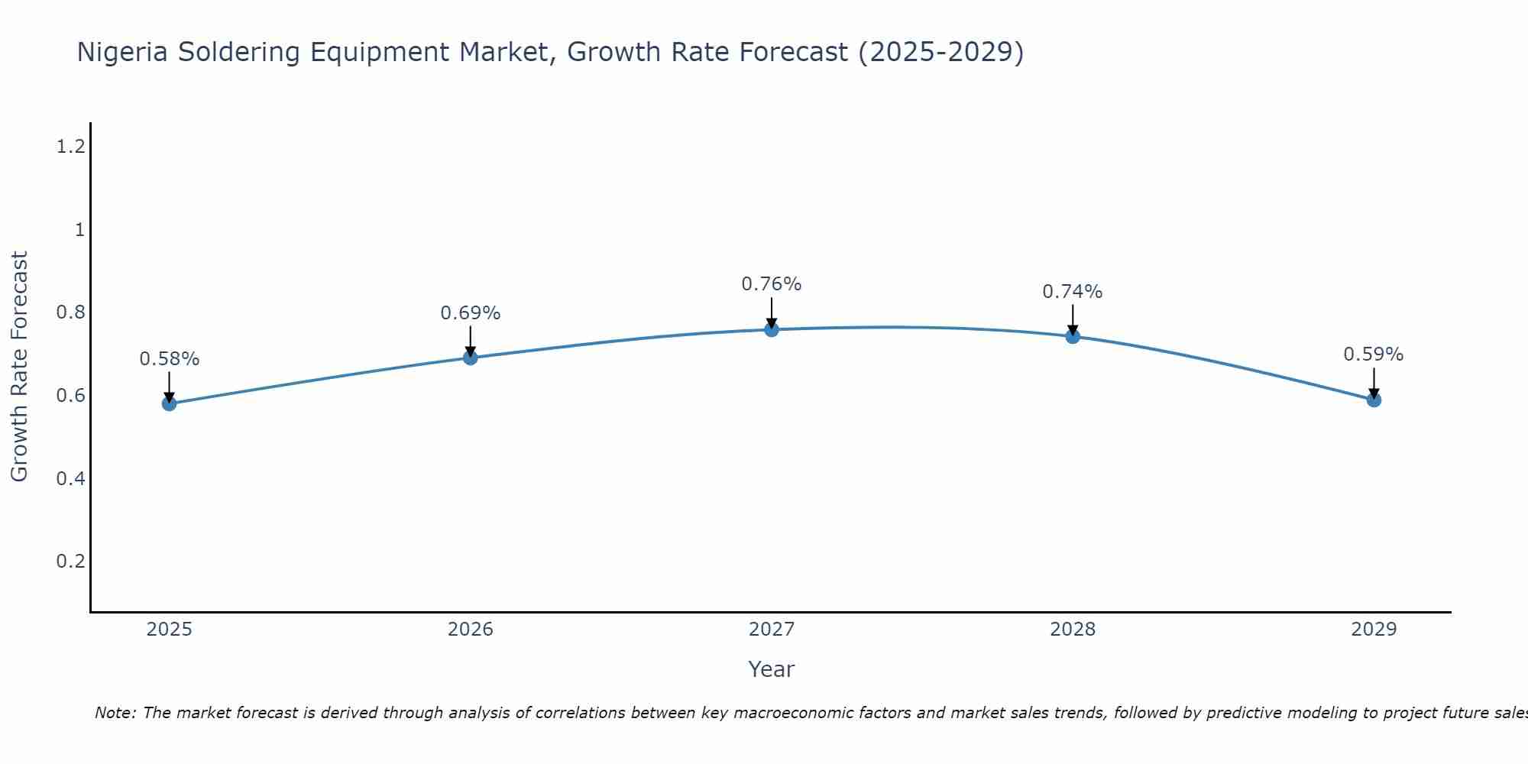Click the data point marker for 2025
[170, 403]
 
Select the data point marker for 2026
[471, 358]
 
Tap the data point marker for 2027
[772, 329]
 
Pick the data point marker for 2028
[1073, 336]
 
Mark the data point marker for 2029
[1374, 400]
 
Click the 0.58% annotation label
[170, 359]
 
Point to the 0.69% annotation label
[471, 313]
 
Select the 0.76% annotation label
[772, 284]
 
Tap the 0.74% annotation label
[1073, 292]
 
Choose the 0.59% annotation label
[1374, 354]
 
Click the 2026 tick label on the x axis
[471, 630]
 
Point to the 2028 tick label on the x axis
[1073, 630]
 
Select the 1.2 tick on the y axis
[70, 147]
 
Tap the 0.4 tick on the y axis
[70, 479]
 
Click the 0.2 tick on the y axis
[70, 562]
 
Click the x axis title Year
[772, 669]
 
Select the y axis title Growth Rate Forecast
[19, 367]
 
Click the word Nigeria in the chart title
[123, 53]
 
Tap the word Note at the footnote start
[115, 713]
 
